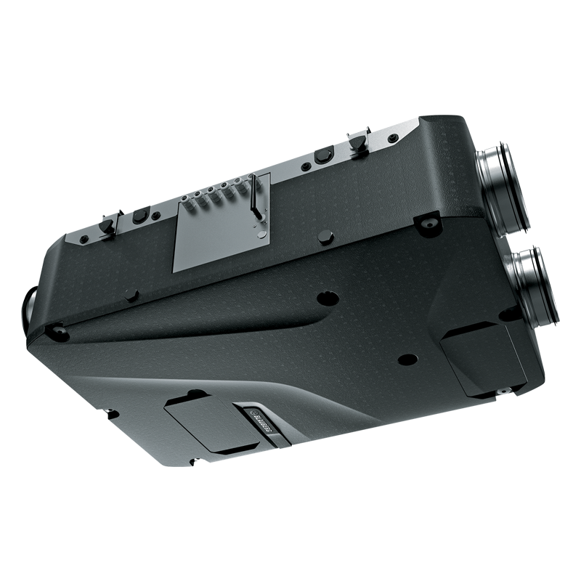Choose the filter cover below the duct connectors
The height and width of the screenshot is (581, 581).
[483, 356]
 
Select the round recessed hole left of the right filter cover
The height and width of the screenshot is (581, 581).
[407, 359]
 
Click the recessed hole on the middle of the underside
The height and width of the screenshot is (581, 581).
[328, 298]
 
